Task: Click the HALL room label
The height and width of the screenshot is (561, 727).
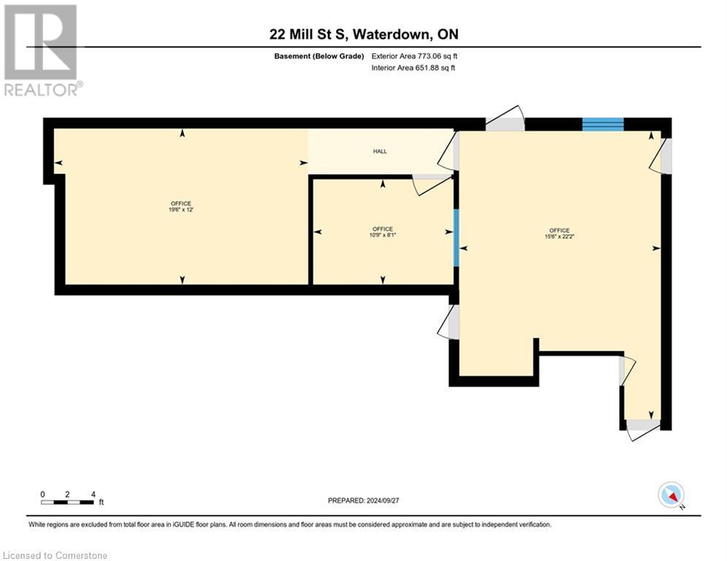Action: pos(380,151)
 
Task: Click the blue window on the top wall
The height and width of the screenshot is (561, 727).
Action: pos(603,124)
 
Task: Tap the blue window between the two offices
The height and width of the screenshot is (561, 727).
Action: pos(456,237)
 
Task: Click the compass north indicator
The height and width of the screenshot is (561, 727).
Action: pos(670,495)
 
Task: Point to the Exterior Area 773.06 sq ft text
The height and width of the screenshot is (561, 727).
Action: pos(414,56)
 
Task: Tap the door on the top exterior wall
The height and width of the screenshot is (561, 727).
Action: pos(506,120)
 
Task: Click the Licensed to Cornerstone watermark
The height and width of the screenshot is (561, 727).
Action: pos(56,555)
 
